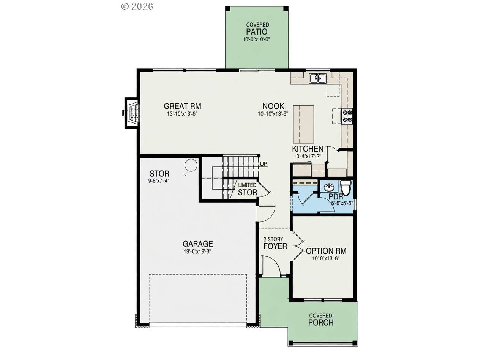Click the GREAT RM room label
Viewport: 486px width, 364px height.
click(x=183, y=106)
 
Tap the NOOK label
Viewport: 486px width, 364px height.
click(x=273, y=106)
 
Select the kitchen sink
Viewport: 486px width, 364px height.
click(x=318, y=78)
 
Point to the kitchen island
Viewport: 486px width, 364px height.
click(x=303, y=124)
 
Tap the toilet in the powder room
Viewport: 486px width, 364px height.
click(x=346, y=187)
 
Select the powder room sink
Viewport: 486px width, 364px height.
click(x=329, y=187)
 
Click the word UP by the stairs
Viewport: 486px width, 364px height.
click(x=264, y=164)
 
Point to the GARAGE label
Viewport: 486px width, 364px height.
click(x=198, y=244)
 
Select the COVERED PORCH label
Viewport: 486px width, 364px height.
click(x=321, y=320)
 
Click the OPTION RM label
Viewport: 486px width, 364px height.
click(x=326, y=251)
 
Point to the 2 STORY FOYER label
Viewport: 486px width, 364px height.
click(x=275, y=243)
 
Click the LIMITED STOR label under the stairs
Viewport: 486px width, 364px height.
click(x=248, y=189)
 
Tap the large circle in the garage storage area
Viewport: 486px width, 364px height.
click(x=191, y=165)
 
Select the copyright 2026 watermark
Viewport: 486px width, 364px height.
click(x=137, y=6)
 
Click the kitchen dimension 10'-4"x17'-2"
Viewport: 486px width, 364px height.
click(x=307, y=157)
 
